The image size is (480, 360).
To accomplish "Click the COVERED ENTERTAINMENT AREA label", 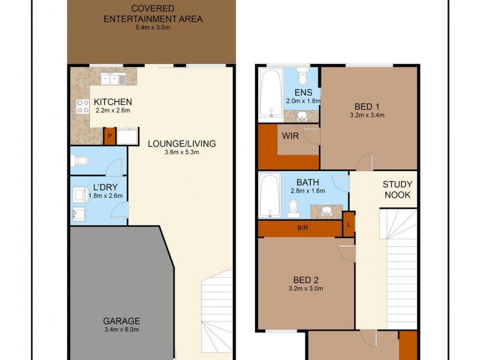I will (x=153, y=14).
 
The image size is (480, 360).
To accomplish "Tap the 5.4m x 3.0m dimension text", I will (x=153, y=28).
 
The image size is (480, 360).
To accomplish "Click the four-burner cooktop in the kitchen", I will (x=82, y=106).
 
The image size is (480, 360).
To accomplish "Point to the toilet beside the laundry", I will (x=79, y=161).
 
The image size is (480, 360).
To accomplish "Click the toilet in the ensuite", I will (x=303, y=77).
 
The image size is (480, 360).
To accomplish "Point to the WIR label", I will (x=290, y=136).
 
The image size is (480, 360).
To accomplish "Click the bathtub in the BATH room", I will (x=271, y=195).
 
